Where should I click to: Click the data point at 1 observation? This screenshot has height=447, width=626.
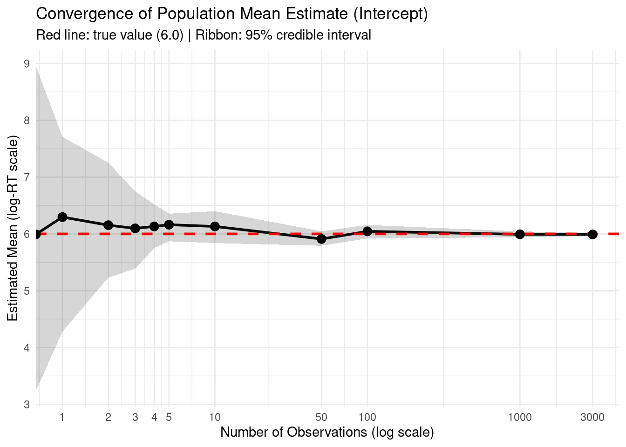pos(62,217)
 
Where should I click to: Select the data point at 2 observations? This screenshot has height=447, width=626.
pos(108,225)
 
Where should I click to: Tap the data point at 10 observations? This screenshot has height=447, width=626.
pos(215,226)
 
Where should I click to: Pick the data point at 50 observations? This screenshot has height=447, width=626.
pos(321,239)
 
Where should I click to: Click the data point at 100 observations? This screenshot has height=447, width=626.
pos(367,231)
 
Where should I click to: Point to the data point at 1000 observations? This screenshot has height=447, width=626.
pos(520,234)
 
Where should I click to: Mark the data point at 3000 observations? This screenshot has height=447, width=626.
pos(592,234)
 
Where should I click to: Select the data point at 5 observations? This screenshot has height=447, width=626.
pos(169,225)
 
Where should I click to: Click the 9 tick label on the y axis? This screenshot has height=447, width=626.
pos(27,64)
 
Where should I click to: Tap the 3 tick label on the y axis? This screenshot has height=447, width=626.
pos(27,405)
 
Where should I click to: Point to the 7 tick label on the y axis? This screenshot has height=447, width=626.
pos(27,177)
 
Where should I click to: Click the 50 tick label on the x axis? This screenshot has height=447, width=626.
pos(321,417)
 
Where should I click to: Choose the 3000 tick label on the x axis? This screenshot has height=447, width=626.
pos(592,417)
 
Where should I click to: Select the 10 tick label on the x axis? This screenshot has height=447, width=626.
pos(215,417)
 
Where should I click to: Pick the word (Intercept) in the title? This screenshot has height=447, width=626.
pos(390,14)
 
